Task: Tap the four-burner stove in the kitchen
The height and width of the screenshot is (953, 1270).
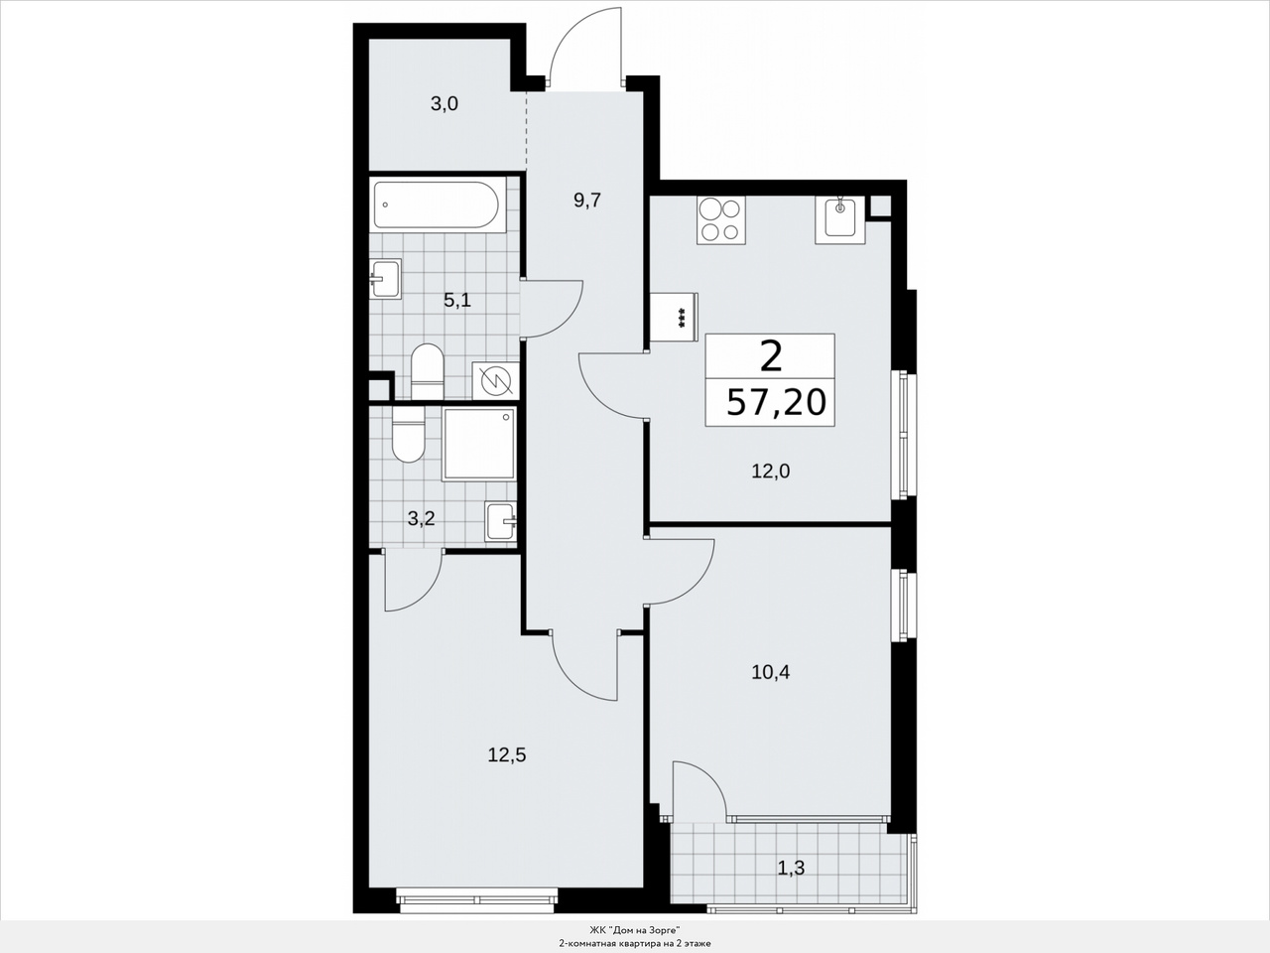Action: [721, 219]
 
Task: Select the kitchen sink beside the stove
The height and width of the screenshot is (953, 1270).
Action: [840, 219]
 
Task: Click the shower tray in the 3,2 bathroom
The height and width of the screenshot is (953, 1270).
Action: [478, 445]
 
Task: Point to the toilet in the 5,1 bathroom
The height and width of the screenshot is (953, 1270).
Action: [427, 371]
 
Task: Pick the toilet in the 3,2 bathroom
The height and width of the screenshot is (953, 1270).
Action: [409, 434]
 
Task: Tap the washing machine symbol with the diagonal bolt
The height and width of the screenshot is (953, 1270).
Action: [495, 381]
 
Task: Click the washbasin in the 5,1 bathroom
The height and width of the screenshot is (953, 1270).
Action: [385, 280]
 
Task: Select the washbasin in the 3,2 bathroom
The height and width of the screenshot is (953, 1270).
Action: [501, 521]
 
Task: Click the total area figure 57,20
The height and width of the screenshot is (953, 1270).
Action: [776, 402]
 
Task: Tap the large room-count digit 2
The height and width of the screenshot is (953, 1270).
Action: [771, 356]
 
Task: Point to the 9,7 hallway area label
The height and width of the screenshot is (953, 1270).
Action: [587, 201]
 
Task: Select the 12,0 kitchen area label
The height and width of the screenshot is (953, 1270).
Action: [771, 472]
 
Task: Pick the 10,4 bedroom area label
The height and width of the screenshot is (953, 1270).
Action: [771, 672]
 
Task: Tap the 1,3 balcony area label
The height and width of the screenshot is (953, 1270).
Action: [791, 869]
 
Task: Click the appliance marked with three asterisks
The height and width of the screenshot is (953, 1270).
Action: [675, 317]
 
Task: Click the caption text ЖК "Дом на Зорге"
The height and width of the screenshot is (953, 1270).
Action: [635, 930]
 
